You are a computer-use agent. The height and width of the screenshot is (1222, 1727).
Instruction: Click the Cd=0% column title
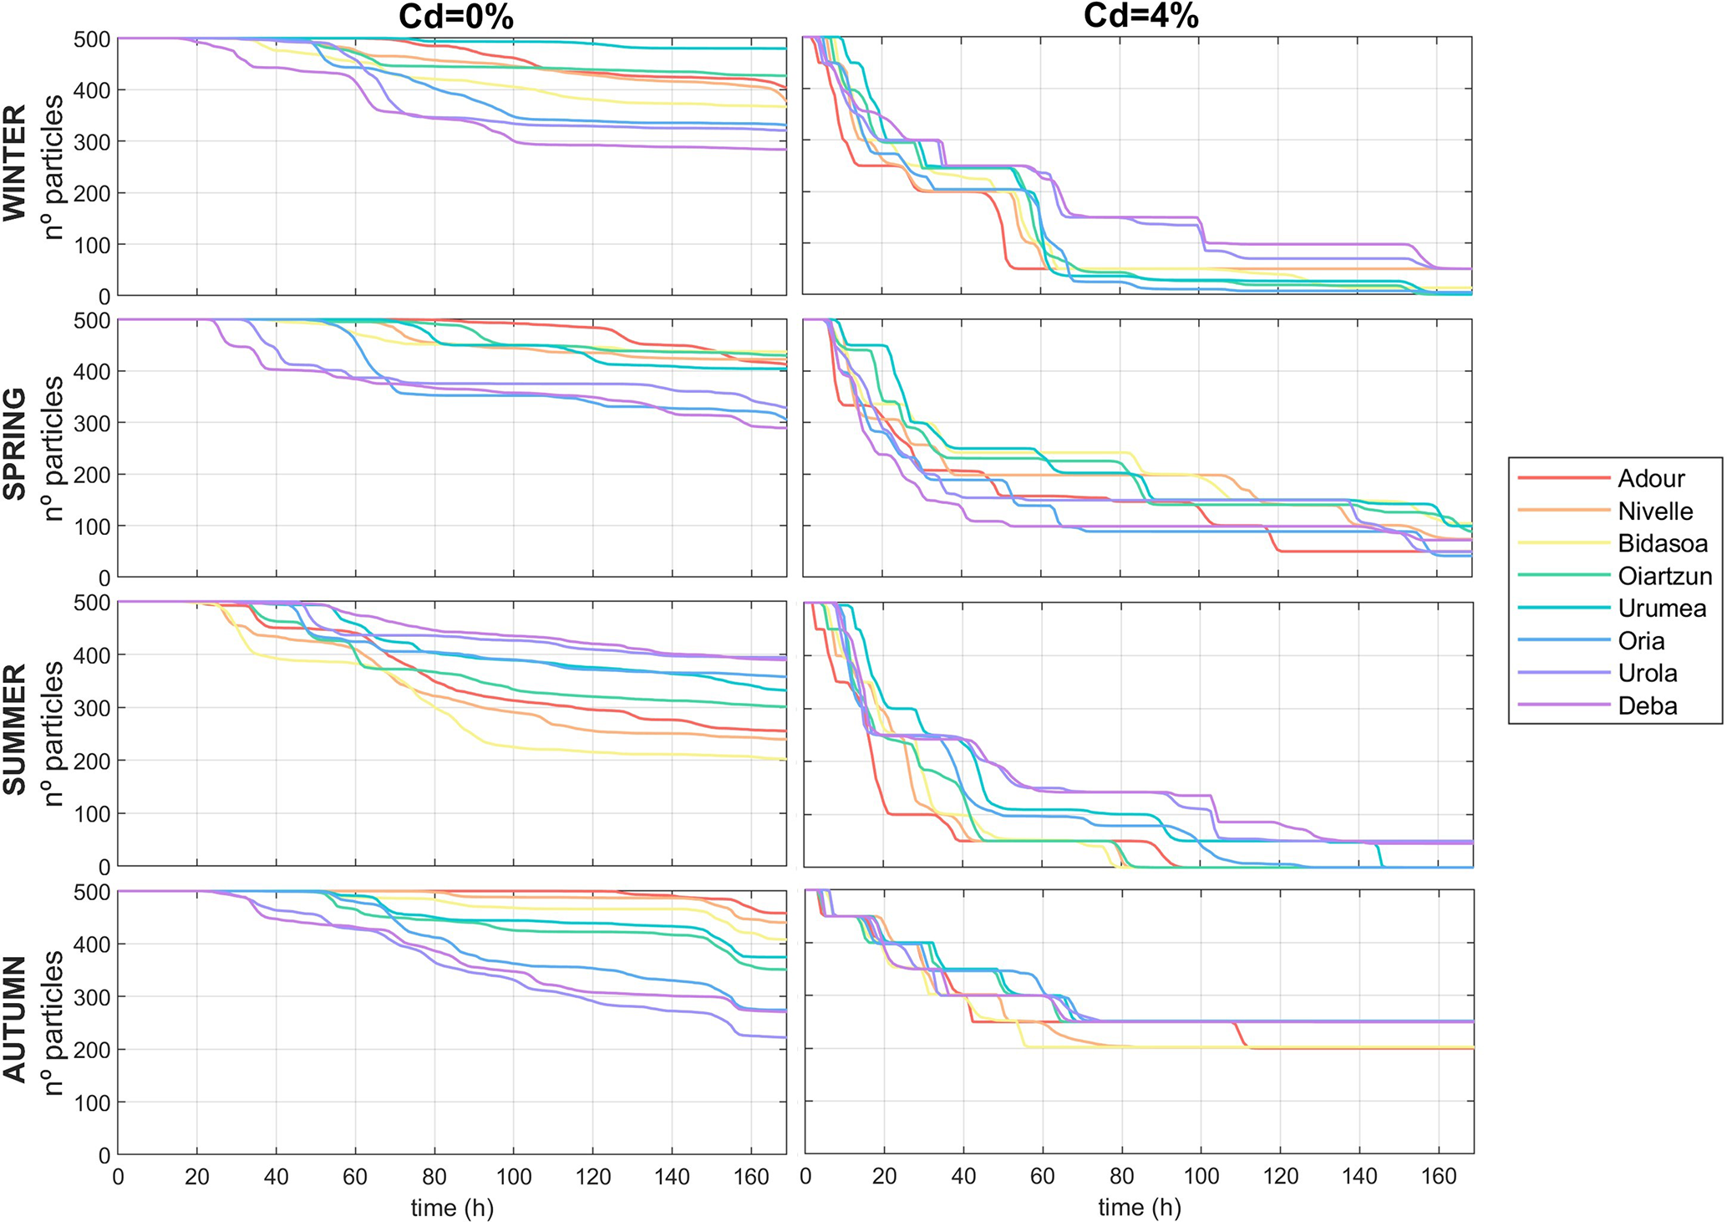click(x=455, y=17)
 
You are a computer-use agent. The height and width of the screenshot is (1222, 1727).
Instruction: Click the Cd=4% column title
click(x=1140, y=17)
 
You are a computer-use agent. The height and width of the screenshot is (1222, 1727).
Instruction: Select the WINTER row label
click(x=15, y=164)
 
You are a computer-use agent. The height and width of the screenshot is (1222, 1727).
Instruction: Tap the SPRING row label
click(x=15, y=445)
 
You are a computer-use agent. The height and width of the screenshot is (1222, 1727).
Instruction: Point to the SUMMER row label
click(x=15, y=730)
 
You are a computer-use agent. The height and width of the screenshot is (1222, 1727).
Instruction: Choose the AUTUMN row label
click(x=15, y=1019)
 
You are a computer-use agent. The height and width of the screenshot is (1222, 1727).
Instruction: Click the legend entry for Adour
click(x=1650, y=478)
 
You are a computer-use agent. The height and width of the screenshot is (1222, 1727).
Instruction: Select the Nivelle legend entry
click(x=1654, y=511)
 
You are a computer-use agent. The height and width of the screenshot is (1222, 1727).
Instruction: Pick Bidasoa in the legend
click(x=1662, y=543)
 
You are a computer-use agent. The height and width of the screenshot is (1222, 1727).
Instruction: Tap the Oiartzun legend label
click(x=1664, y=576)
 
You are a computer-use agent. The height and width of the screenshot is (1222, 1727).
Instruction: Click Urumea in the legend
click(x=1661, y=608)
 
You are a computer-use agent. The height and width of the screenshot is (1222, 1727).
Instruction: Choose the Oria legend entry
click(x=1641, y=640)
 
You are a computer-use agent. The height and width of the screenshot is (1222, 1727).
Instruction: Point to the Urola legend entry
click(x=1647, y=673)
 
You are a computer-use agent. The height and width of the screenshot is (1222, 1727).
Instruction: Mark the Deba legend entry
click(x=1647, y=705)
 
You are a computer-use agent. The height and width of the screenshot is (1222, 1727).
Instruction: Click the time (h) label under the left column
click(x=452, y=1207)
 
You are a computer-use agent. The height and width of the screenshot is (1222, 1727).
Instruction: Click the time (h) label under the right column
click(x=1140, y=1207)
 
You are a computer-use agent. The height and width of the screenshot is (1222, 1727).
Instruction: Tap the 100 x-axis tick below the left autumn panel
click(x=513, y=1177)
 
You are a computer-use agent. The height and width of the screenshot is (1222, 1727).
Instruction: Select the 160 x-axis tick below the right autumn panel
click(x=1439, y=1177)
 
